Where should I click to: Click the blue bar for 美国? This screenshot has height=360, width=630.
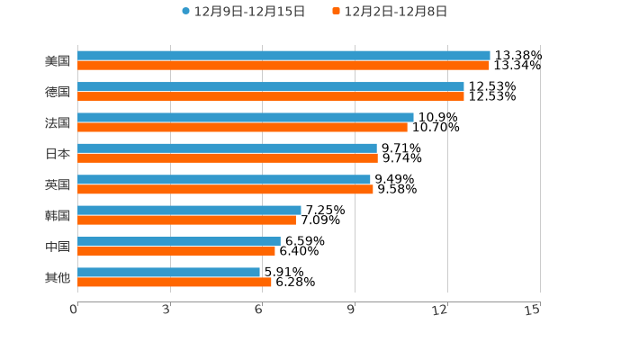[x=283, y=56]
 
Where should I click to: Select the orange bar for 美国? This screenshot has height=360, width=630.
[x=283, y=66]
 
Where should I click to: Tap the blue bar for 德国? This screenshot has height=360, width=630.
[x=270, y=86]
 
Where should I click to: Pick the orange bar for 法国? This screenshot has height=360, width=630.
[x=242, y=127]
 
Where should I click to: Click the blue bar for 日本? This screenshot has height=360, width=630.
[x=227, y=148]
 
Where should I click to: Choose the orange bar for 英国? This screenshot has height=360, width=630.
[x=225, y=189]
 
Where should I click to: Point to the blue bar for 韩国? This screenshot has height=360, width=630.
[x=189, y=211]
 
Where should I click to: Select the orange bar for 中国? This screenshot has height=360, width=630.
[x=176, y=251]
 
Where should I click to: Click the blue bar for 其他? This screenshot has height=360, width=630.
[x=168, y=272]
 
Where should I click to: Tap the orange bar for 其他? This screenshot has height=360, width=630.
[x=175, y=282]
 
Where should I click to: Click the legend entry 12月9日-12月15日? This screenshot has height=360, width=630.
[x=243, y=12]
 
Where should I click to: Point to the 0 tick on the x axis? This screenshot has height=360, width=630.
[x=74, y=310]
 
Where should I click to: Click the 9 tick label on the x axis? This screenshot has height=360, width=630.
[x=351, y=310]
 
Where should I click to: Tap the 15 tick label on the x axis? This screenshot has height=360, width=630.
[x=533, y=310]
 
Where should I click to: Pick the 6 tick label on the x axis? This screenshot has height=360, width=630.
[x=258, y=310]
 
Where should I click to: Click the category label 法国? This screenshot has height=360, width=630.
[x=58, y=122]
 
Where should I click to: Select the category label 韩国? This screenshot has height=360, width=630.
[x=58, y=215]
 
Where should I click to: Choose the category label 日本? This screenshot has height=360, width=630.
[x=58, y=153]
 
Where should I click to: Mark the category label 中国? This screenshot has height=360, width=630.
[x=58, y=247]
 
